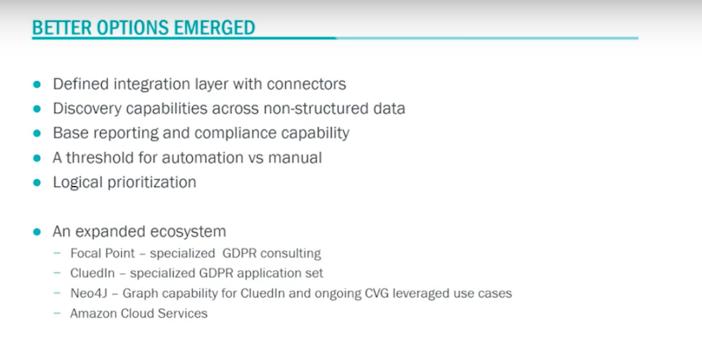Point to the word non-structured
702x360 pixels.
coord(316,108)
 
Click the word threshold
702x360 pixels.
coord(97,158)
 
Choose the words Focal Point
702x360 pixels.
coord(103,254)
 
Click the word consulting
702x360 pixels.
coord(290,254)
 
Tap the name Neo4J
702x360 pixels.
coord(89,293)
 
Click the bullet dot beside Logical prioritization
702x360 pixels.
coord(37,183)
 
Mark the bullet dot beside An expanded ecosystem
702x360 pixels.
coord(37,232)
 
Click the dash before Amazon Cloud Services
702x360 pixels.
coord(57,313)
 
